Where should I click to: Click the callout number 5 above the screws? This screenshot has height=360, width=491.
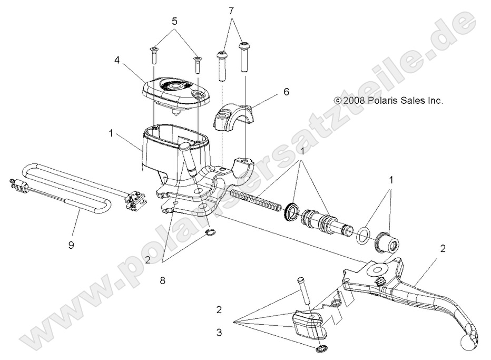coord(175,22)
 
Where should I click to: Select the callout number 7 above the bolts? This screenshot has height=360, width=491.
coord(231,10)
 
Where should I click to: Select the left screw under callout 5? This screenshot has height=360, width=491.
coord(153,54)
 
